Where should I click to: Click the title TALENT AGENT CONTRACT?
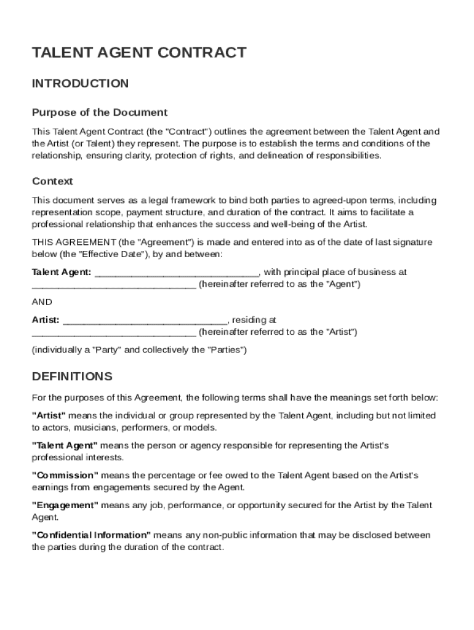[139, 53]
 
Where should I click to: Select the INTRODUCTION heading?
[80, 84]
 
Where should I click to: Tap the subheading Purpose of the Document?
[100, 113]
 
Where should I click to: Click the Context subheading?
[52, 181]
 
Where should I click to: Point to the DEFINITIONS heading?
[72, 377]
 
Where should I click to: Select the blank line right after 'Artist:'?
[145, 321]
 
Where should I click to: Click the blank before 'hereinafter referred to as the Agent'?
[114, 285]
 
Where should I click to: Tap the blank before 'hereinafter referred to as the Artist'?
[114, 333]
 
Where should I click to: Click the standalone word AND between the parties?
[42, 302]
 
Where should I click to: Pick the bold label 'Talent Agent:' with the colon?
[62, 272]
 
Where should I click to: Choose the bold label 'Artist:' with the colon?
[46, 320]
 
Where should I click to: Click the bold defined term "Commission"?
[65, 476]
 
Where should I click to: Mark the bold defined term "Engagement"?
[65, 506]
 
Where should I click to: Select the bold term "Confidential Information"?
[91, 535]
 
